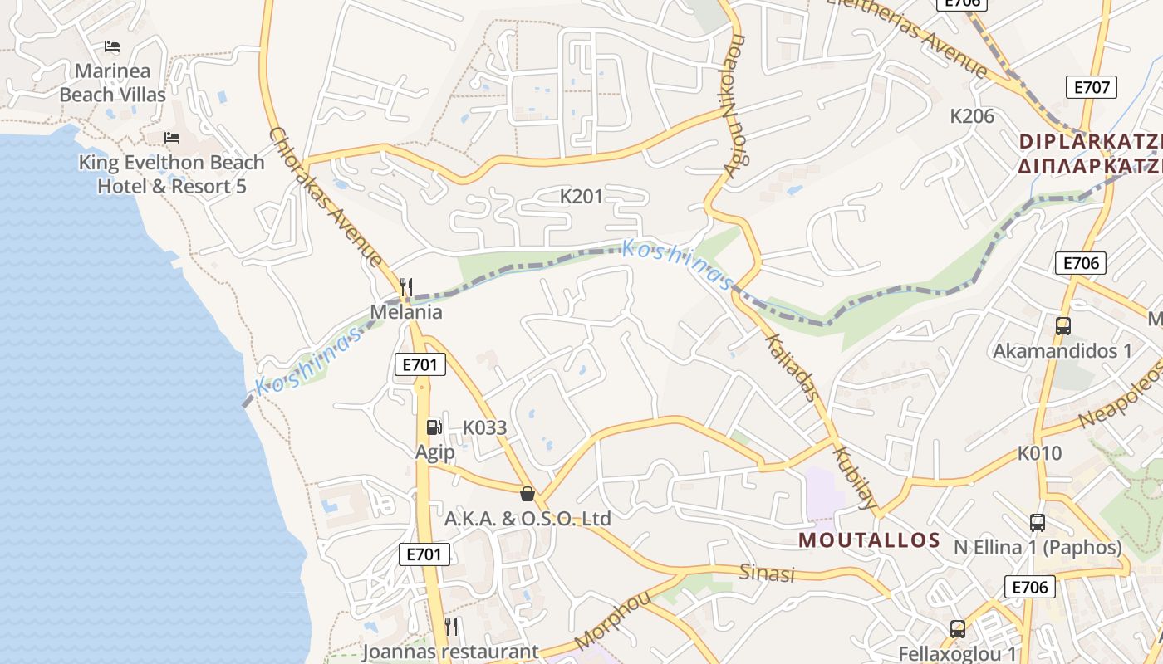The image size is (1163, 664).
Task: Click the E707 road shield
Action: click(x=1092, y=87)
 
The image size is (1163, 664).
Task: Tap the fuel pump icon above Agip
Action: click(x=434, y=427)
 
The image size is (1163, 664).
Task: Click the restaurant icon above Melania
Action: click(x=406, y=287)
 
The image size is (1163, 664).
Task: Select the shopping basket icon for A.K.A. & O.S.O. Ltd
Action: click(x=527, y=495)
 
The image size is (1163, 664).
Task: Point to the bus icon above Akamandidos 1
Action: click(x=1062, y=326)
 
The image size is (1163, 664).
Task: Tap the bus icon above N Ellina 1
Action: click(x=1037, y=523)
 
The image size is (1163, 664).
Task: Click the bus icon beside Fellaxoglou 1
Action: click(x=958, y=629)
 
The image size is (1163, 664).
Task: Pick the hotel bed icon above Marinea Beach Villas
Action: click(x=112, y=46)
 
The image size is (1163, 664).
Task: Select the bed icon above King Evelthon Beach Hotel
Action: click(x=172, y=137)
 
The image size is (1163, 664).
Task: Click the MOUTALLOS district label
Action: click(x=869, y=540)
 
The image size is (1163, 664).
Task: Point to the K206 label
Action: click(x=972, y=116)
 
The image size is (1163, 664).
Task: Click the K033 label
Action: click(x=484, y=428)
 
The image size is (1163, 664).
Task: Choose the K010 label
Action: click(x=1040, y=453)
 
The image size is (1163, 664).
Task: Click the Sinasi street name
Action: click(x=767, y=573)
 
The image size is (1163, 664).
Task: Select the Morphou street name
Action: click(x=612, y=620)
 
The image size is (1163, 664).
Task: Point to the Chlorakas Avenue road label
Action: click(x=326, y=198)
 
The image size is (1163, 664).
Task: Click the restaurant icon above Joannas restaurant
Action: click(x=451, y=626)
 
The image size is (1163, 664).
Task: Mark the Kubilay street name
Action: click(x=855, y=478)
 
